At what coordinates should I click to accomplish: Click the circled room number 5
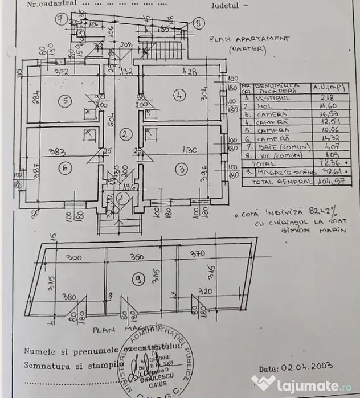pyautogui.click(x=66, y=101)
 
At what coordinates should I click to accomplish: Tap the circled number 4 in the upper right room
pyautogui.click(x=179, y=96)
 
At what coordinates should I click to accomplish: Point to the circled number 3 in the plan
pyautogui.click(x=181, y=169)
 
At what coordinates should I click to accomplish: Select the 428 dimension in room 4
pyautogui.click(x=190, y=72)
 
